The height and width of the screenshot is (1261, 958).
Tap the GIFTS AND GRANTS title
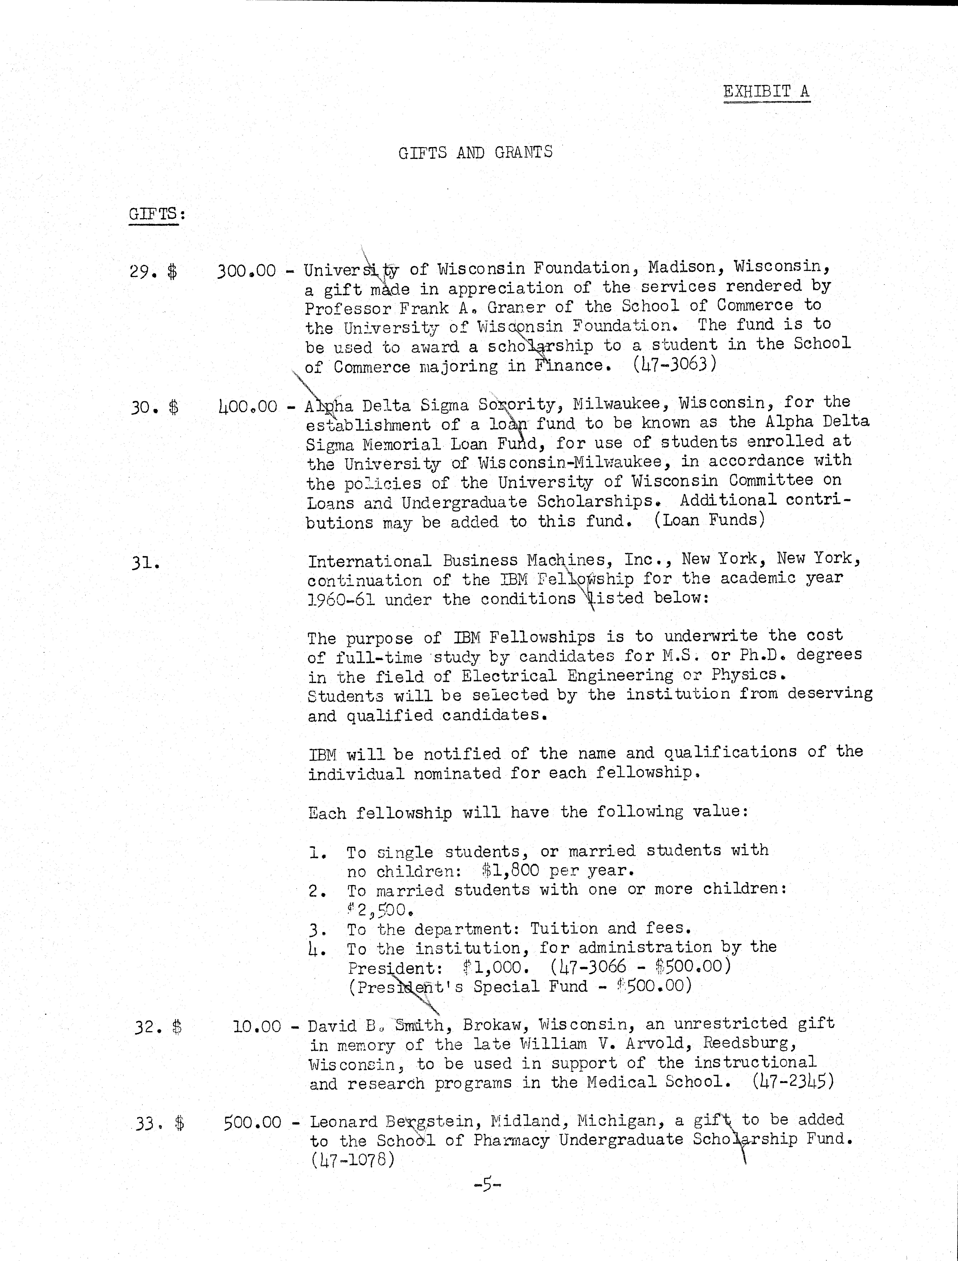[x=475, y=152]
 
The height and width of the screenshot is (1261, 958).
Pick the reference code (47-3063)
[x=674, y=364]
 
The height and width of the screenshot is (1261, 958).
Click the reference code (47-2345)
[x=793, y=1081]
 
